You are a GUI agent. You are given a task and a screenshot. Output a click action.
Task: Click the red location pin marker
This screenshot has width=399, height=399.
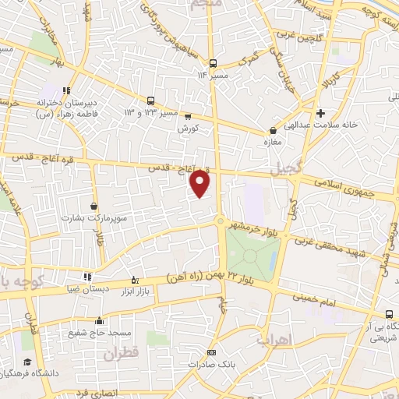click(201, 184)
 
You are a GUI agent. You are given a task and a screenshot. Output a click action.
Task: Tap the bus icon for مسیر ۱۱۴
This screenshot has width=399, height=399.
click(212, 63)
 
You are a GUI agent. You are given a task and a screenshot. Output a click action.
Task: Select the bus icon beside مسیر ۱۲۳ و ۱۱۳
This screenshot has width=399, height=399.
click(151, 101)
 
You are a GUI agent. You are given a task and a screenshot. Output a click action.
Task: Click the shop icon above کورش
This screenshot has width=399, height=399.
click(187, 117)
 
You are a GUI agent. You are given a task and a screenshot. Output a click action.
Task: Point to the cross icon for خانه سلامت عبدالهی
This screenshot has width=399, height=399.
click(320, 113)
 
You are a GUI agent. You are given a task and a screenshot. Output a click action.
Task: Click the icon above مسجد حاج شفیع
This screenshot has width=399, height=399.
click(99, 320)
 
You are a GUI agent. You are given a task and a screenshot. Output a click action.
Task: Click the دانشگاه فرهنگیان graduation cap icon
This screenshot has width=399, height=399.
click(27, 362)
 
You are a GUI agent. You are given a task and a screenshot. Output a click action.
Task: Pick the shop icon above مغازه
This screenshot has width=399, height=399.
click(273, 131)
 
